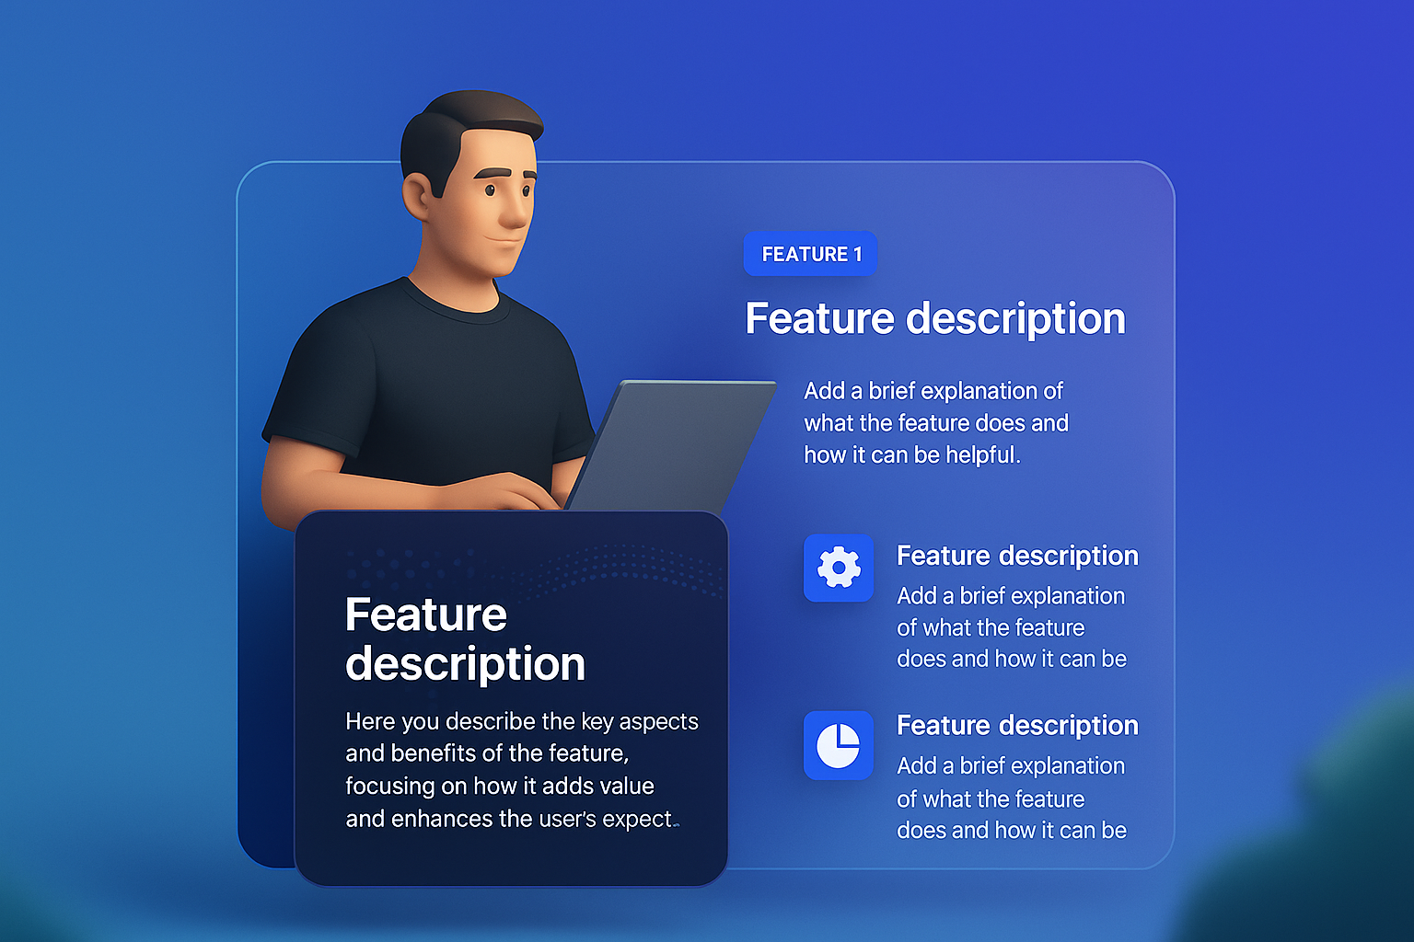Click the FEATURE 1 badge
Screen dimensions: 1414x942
coord(810,254)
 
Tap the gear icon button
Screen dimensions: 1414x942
coord(839,568)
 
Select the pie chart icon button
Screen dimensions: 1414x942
coord(839,745)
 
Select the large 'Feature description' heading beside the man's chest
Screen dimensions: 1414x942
coord(935,318)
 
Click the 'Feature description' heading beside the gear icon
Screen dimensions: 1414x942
coord(1017,556)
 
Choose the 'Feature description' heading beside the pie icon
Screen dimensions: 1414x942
coord(1017,726)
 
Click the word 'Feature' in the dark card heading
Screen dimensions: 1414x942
coord(426,614)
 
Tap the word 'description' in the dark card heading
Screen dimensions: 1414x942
coord(465,665)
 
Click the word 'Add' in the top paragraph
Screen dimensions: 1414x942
coord(825,391)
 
